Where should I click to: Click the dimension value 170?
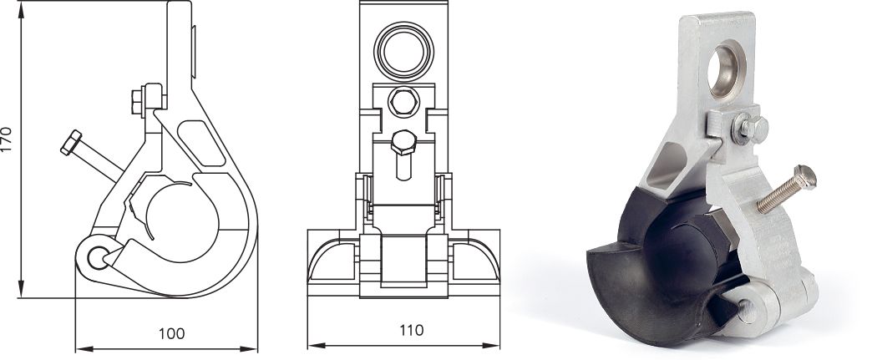pos(7,139)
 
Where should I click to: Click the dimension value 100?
pos(172,333)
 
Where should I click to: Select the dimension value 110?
pos(412,331)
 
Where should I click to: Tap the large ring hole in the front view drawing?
pos(403,52)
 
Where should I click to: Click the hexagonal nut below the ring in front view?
pos(403,102)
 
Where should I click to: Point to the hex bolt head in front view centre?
pos(403,143)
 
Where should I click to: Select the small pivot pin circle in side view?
pos(98,258)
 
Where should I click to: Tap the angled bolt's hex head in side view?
pos(71,142)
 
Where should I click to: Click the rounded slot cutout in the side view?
pos(201,143)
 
